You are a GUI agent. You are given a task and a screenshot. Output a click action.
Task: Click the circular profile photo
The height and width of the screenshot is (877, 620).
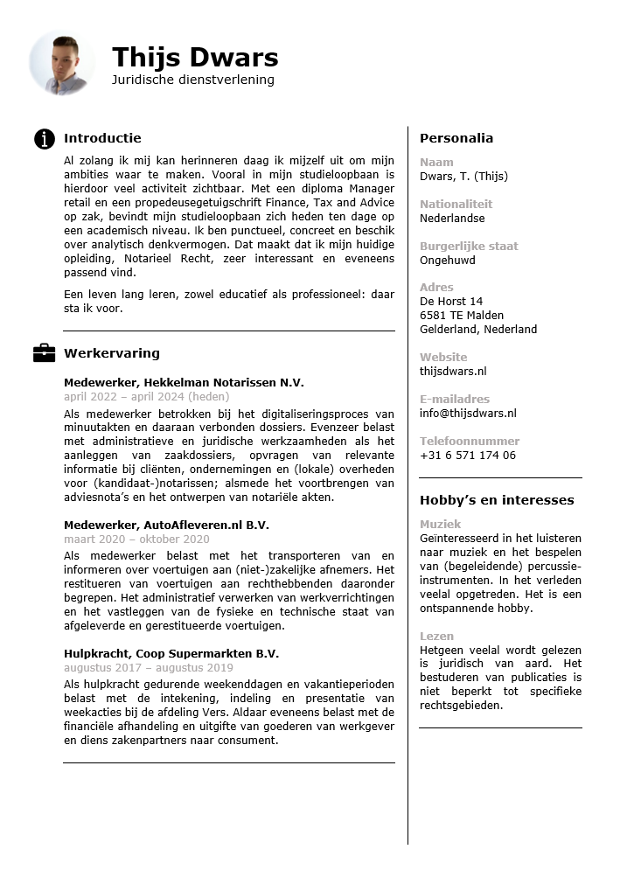pyautogui.click(x=61, y=63)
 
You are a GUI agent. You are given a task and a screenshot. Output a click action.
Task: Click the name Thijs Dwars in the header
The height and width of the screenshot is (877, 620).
pyautogui.click(x=195, y=58)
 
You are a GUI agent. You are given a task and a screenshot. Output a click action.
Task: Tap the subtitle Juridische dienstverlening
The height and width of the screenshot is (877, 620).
pyautogui.click(x=192, y=80)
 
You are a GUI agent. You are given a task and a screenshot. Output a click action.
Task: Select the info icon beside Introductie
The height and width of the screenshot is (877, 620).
pyautogui.click(x=45, y=138)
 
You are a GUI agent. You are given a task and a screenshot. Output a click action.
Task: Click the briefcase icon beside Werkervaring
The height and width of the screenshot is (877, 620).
pyautogui.click(x=44, y=353)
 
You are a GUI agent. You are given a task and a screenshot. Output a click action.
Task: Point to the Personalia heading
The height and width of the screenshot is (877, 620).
pyautogui.click(x=456, y=138)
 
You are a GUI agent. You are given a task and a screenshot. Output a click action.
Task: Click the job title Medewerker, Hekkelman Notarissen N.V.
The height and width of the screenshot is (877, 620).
pyautogui.click(x=184, y=383)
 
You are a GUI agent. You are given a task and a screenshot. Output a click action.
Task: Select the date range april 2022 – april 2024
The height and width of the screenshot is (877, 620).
pyautogui.click(x=146, y=397)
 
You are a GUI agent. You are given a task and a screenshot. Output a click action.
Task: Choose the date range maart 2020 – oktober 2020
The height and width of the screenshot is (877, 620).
pyautogui.click(x=136, y=539)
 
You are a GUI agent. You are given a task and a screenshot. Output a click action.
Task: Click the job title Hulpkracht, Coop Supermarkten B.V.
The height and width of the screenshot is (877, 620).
pyautogui.click(x=171, y=654)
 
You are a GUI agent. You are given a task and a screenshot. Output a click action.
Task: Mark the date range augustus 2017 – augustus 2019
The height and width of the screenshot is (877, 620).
pyautogui.click(x=148, y=668)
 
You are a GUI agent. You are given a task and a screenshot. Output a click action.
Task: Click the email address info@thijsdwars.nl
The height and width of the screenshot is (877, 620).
pyautogui.click(x=468, y=414)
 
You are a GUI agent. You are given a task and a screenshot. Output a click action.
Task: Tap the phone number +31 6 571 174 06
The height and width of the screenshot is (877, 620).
pyautogui.click(x=467, y=456)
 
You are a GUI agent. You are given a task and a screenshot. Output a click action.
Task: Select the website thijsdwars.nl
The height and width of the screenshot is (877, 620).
pyautogui.click(x=453, y=372)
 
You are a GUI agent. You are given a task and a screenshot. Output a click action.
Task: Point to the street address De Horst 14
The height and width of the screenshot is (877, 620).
pyautogui.click(x=451, y=302)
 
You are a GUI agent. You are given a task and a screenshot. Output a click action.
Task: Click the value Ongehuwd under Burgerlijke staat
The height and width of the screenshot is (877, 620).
pyautogui.click(x=447, y=261)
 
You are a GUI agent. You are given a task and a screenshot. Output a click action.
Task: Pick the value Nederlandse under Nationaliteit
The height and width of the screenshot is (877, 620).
pyautogui.click(x=452, y=219)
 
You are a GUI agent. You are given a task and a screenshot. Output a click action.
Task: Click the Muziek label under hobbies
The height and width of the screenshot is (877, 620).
pyautogui.click(x=440, y=525)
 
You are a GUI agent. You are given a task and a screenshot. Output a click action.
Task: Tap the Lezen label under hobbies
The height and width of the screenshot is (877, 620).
pyautogui.click(x=436, y=637)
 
